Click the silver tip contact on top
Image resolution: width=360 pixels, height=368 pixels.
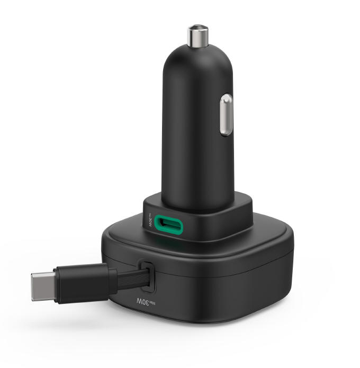point(198,34)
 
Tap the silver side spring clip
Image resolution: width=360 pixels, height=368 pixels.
point(226,114)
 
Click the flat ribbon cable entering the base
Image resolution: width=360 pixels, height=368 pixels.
point(130,276)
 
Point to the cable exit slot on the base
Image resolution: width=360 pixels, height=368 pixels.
point(146,275)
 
